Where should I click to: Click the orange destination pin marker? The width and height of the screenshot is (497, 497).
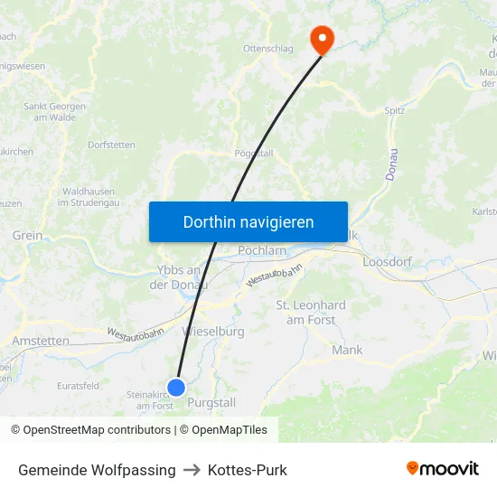[321, 38]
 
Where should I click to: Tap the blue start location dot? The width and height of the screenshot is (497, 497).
[176, 388]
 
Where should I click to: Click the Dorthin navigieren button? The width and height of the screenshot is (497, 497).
[248, 221]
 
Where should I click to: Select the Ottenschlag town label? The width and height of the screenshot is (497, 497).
[268, 49]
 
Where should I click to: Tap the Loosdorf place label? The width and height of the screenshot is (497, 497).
[387, 262]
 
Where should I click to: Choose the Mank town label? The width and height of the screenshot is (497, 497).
[347, 350]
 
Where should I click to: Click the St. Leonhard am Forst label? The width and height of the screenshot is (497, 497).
[311, 313]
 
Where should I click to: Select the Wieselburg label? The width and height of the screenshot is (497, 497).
[214, 332]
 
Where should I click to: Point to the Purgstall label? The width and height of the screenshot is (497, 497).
[211, 403]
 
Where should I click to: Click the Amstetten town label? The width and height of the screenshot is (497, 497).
[40, 341]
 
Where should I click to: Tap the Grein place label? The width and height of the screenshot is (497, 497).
[27, 235]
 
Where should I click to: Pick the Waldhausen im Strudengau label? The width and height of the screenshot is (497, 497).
[88, 197]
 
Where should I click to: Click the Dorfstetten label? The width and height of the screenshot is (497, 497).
[111, 145]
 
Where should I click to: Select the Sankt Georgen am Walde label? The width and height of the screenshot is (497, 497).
[54, 111]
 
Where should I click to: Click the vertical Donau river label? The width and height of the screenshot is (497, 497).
[391, 164]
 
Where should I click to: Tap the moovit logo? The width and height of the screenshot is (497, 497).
[442, 469]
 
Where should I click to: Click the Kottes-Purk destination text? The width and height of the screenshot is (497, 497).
[247, 470]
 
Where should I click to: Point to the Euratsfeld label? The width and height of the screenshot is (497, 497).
[78, 385]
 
